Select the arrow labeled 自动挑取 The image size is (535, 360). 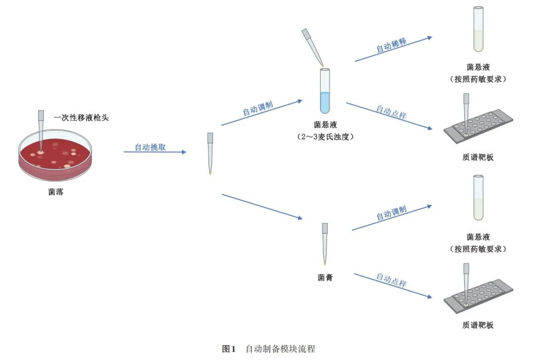coord(155,152)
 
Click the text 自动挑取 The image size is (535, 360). coord(151,147)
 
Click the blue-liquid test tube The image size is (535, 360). coord(324,92)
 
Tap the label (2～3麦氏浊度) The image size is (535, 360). coord(325,136)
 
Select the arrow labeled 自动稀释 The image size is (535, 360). coord(393,49)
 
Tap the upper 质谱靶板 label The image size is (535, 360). coord(478,157)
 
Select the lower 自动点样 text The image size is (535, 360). coord(391,280)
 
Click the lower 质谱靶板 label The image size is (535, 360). coord(478,325)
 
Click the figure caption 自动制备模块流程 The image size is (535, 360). coord(280,349)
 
